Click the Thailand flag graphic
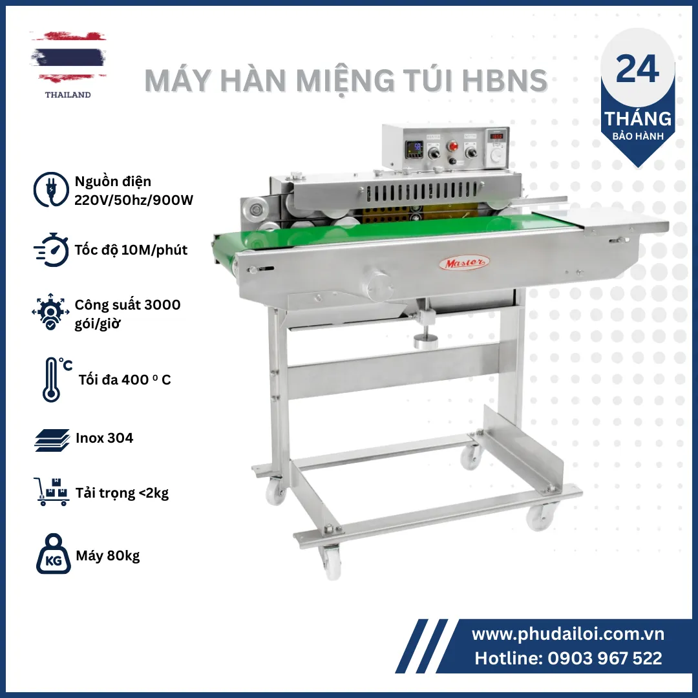68,57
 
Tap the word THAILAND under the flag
68,95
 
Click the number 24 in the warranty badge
637,69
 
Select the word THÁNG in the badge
638,118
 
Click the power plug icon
51,189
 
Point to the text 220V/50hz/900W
134,200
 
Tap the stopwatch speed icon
52,249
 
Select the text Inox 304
104,438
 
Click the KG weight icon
54,554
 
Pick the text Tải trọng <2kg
122,493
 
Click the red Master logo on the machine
464,263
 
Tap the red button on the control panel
454,146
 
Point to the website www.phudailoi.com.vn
568,634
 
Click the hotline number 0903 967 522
604,659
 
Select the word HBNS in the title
504,81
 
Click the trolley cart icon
52,492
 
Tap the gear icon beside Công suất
50,312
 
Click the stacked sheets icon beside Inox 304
52,440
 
